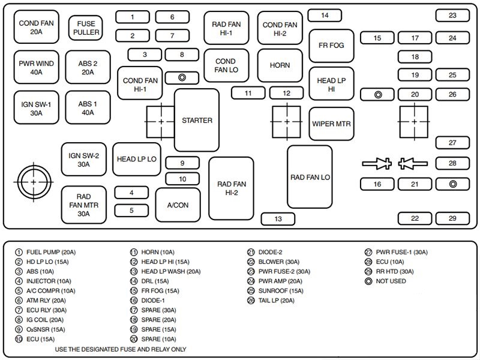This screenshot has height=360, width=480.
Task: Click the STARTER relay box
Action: (x=197, y=120)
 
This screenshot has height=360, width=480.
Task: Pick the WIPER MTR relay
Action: (x=331, y=124)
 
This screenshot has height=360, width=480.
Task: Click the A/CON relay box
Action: (x=178, y=205)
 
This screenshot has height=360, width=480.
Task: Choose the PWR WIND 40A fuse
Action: (x=36, y=67)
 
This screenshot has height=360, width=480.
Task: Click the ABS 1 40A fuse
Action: (x=87, y=108)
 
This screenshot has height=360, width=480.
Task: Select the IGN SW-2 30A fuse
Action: (x=83, y=160)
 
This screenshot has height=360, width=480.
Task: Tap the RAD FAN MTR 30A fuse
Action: (x=83, y=205)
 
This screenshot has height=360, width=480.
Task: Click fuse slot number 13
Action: (x=278, y=219)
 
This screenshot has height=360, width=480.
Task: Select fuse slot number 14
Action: (x=325, y=15)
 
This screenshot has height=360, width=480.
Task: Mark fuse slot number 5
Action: (x=131, y=210)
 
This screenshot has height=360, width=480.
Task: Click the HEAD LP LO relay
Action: (x=136, y=159)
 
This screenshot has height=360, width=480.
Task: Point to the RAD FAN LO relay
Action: (x=310, y=177)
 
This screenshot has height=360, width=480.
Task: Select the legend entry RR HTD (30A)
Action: (x=396, y=272)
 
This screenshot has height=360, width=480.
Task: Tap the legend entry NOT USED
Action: (x=394, y=281)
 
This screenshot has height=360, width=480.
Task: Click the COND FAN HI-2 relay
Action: (x=280, y=29)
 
